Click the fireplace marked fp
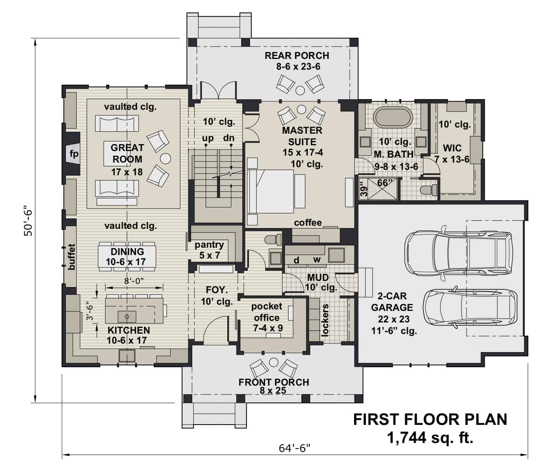click(x=73, y=154)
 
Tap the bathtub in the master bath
click(x=393, y=117)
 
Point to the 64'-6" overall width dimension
click(x=294, y=448)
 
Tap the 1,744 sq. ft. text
click(x=430, y=438)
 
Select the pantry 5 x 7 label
click(x=209, y=250)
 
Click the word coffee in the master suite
click(x=307, y=223)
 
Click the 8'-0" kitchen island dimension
click(x=134, y=281)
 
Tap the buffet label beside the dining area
click(x=71, y=256)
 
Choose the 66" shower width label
click(x=384, y=183)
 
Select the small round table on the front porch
click(x=274, y=362)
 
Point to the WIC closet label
click(x=452, y=148)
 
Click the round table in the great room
click(x=165, y=158)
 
